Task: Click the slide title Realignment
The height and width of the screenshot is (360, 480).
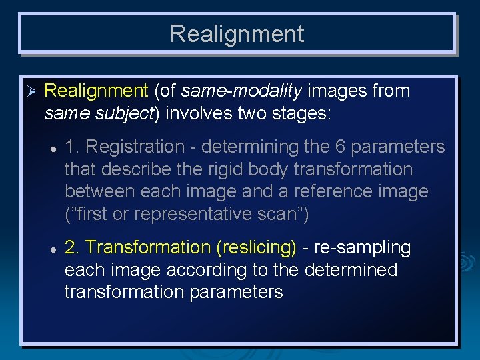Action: pyautogui.click(x=237, y=34)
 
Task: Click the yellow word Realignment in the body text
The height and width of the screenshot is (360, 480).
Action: pyautogui.click(x=96, y=91)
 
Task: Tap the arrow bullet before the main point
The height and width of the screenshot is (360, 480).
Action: pyautogui.click(x=29, y=91)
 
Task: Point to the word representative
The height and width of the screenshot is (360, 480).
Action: pyautogui.click(x=211, y=215)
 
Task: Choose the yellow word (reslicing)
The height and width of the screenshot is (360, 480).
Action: pyautogui.click(x=257, y=247)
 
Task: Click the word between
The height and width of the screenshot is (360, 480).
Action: pyautogui.click(x=100, y=192)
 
